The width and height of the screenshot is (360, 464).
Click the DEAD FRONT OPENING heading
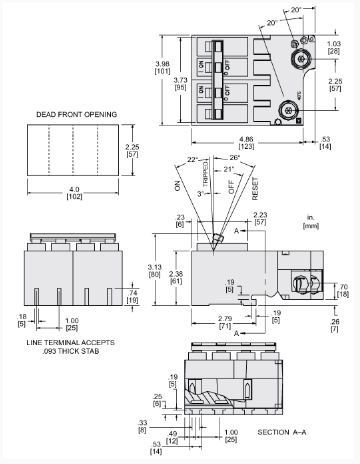[78, 115]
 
